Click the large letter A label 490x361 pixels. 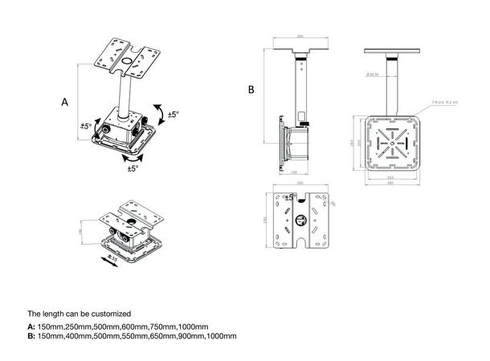64,103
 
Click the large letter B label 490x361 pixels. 251,90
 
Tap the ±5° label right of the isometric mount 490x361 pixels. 173,116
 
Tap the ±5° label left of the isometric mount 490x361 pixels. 86,127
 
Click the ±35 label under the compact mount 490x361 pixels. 112,260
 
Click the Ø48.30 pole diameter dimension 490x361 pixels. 372,74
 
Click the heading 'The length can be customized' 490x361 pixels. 79,313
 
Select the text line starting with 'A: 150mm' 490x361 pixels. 118,327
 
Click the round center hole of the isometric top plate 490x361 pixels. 127,58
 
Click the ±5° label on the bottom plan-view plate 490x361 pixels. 290,197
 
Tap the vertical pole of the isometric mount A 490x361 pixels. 125,92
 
